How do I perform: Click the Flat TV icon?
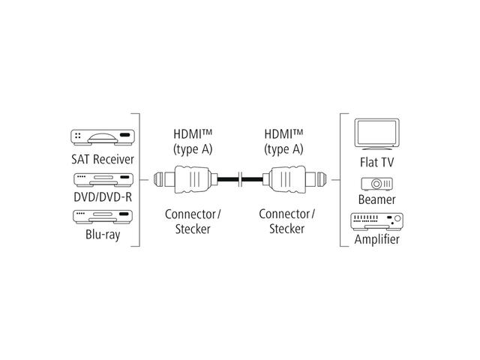click(379, 134)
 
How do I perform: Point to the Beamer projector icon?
click(378, 184)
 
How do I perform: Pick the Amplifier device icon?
click(378, 221)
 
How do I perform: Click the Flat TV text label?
click(379, 161)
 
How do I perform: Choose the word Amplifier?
click(378, 240)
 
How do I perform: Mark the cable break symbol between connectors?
click(238, 180)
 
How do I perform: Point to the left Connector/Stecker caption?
click(193, 221)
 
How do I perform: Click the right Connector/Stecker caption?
click(286, 221)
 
